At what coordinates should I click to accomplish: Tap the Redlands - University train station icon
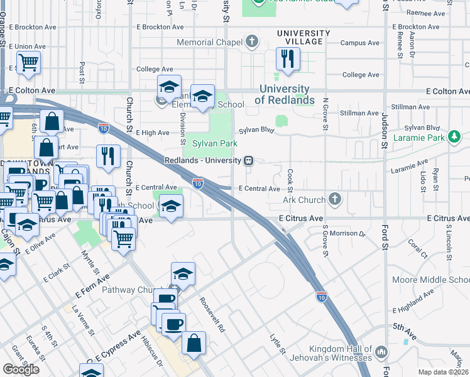pyautogui.click(x=249, y=160)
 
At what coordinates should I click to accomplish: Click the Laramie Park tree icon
pyautogui.click(x=454, y=136)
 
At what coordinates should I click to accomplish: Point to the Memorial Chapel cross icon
pyautogui.click(x=251, y=43)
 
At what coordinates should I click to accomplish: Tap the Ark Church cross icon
pyautogui.click(x=335, y=200)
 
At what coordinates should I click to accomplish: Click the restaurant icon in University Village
pyautogui.click(x=288, y=59)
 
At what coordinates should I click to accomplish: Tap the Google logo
pyautogui.click(x=21, y=369)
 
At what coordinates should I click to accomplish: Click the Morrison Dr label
pyautogui.click(x=348, y=234)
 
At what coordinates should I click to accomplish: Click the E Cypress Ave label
pyautogui.click(x=117, y=346)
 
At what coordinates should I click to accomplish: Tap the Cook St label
pyautogui.click(x=290, y=178)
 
